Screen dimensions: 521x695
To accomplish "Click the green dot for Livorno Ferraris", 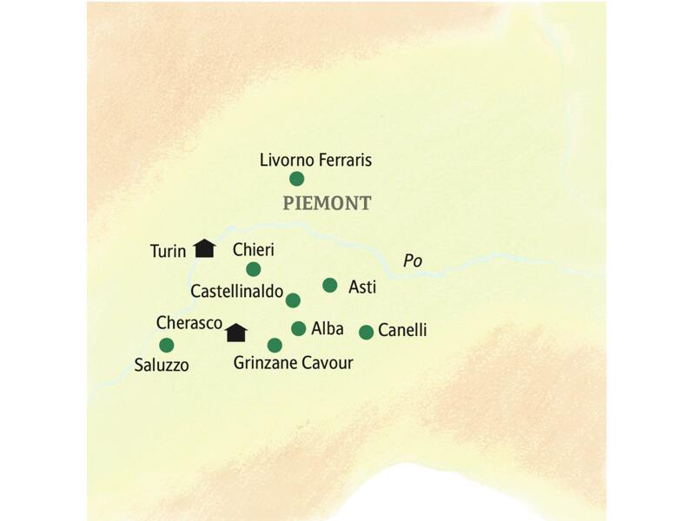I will [x=296, y=179].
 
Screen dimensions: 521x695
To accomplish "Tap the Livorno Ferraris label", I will [x=316, y=160].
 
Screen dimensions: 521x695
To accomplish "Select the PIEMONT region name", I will [x=327, y=204].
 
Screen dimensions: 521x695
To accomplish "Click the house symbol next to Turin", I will [x=204, y=248].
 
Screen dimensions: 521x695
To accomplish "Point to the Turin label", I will [x=168, y=252].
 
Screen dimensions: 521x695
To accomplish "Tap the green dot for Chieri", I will [x=253, y=269].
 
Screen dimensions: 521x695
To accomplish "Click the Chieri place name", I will [x=254, y=249].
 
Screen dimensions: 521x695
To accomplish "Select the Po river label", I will [x=413, y=260].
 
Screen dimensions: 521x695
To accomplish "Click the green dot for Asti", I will [x=329, y=285].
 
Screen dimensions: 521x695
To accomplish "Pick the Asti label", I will [x=361, y=287].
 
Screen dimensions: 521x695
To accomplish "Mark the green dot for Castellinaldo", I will [x=293, y=300].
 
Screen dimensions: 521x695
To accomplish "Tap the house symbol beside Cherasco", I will [x=235, y=332].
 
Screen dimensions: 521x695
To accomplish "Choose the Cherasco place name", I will [x=189, y=322].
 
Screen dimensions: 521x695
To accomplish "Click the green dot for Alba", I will [x=298, y=328].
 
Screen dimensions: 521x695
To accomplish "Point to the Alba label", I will [x=328, y=330].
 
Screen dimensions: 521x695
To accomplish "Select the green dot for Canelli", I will [x=366, y=332].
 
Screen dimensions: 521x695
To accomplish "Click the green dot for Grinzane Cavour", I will [x=275, y=345].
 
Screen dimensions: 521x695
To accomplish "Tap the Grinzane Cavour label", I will [x=293, y=363].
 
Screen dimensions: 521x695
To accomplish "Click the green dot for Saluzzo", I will [x=166, y=345].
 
